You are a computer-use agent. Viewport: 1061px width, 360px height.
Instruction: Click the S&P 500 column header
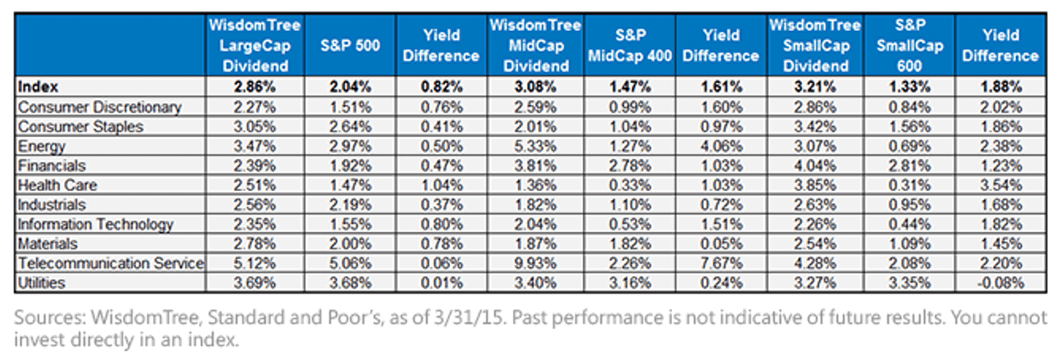[350, 45]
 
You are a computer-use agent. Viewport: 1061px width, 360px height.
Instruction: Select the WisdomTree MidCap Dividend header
[535, 45]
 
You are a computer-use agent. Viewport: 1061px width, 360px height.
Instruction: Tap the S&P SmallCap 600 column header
[910, 45]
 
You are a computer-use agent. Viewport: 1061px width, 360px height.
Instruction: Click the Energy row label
[42, 146]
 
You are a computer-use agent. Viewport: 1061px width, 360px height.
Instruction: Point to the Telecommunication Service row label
[111, 263]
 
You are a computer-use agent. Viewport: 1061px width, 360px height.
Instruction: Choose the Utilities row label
[42, 283]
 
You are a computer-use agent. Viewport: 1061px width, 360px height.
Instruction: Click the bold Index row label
[38, 87]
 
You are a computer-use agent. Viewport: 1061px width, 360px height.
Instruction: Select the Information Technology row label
[95, 224]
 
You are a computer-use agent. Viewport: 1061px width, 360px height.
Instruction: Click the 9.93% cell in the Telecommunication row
[535, 263]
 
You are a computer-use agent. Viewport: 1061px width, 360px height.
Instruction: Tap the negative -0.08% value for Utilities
[1000, 283]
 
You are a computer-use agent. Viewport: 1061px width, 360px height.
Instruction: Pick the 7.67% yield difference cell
[721, 263]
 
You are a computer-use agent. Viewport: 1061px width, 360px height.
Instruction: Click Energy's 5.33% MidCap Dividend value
[535, 146]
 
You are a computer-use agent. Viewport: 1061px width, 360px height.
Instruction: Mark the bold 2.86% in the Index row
[255, 87]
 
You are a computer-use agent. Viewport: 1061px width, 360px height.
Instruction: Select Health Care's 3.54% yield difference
[1001, 185]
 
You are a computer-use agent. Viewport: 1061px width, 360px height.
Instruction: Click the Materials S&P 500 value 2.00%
[350, 243]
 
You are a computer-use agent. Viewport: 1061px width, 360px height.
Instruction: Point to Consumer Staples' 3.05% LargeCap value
[255, 126]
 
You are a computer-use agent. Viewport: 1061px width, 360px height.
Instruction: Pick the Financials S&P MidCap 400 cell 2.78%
[630, 165]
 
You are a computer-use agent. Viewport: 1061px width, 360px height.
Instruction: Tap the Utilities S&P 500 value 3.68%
[350, 283]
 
